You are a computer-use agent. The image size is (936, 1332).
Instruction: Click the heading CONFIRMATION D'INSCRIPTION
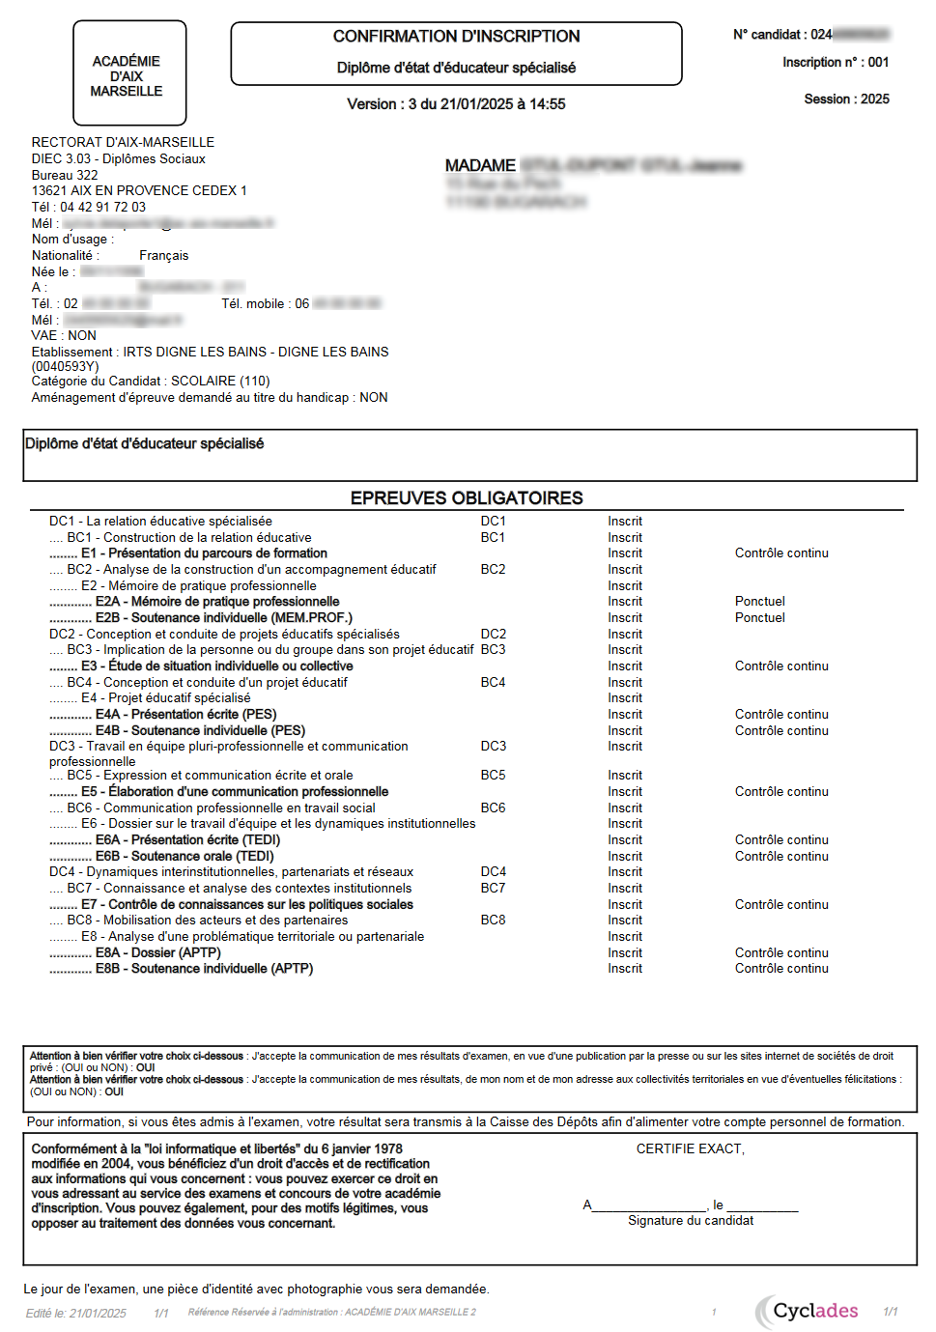coord(456,37)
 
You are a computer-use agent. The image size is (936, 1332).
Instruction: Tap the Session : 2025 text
coord(846,99)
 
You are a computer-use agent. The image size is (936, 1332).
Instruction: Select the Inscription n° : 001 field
coord(836,63)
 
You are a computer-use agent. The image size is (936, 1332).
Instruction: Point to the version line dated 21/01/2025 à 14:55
coord(456,104)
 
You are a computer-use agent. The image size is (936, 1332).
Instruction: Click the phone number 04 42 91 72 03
coord(102,207)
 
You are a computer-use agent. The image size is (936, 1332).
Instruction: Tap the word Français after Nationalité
coord(163,256)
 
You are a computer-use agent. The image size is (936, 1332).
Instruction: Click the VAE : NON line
coord(64,336)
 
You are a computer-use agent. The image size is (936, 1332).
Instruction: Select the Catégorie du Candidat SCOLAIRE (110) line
coord(151,382)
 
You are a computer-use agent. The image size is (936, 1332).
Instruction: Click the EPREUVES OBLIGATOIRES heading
coord(467,498)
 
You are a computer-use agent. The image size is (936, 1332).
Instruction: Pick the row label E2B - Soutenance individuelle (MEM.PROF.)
coord(223,618)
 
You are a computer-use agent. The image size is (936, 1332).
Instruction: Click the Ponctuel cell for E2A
coord(759,602)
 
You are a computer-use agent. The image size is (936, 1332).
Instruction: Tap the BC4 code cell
coord(493,683)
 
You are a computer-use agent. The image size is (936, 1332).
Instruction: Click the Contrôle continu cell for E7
coord(780,905)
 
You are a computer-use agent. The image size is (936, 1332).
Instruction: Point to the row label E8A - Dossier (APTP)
coord(157,953)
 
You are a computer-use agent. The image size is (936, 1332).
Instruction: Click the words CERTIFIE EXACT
coord(690,1149)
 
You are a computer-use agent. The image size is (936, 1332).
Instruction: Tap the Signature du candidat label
coord(691,1221)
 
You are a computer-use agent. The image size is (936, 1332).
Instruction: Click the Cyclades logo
coord(808,1311)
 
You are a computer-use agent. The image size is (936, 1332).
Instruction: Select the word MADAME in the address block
coord(480,166)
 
